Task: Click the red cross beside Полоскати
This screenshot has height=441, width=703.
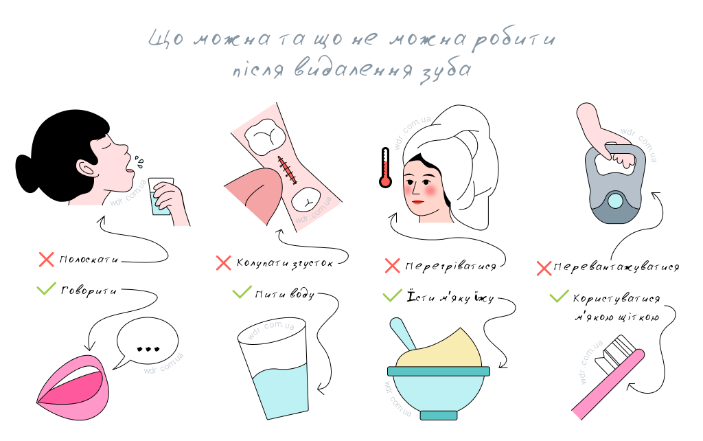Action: [x=46, y=259]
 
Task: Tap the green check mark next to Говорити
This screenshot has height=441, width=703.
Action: [x=46, y=289]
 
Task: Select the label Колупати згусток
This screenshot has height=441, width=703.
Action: [x=285, y=263]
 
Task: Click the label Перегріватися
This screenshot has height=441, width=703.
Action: [x=450, y=267]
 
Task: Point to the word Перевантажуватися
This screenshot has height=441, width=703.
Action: [x=616, y=267]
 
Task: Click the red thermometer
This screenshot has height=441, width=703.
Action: [x=385, y=168]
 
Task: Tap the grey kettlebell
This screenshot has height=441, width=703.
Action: [x=615, y=185]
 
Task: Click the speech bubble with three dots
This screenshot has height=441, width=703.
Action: [x=147, y=343]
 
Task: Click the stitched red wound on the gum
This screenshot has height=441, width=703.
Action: [x=287, y=170]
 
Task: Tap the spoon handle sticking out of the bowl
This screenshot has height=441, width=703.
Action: [x=402, y=334]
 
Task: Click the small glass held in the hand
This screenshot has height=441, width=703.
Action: [x=160, y=196]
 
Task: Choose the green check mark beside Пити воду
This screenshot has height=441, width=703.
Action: [x=242, y=292]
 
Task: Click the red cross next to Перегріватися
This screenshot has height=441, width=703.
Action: [x=392, y=266]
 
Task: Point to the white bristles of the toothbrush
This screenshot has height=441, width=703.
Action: [x=617, y=353]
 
